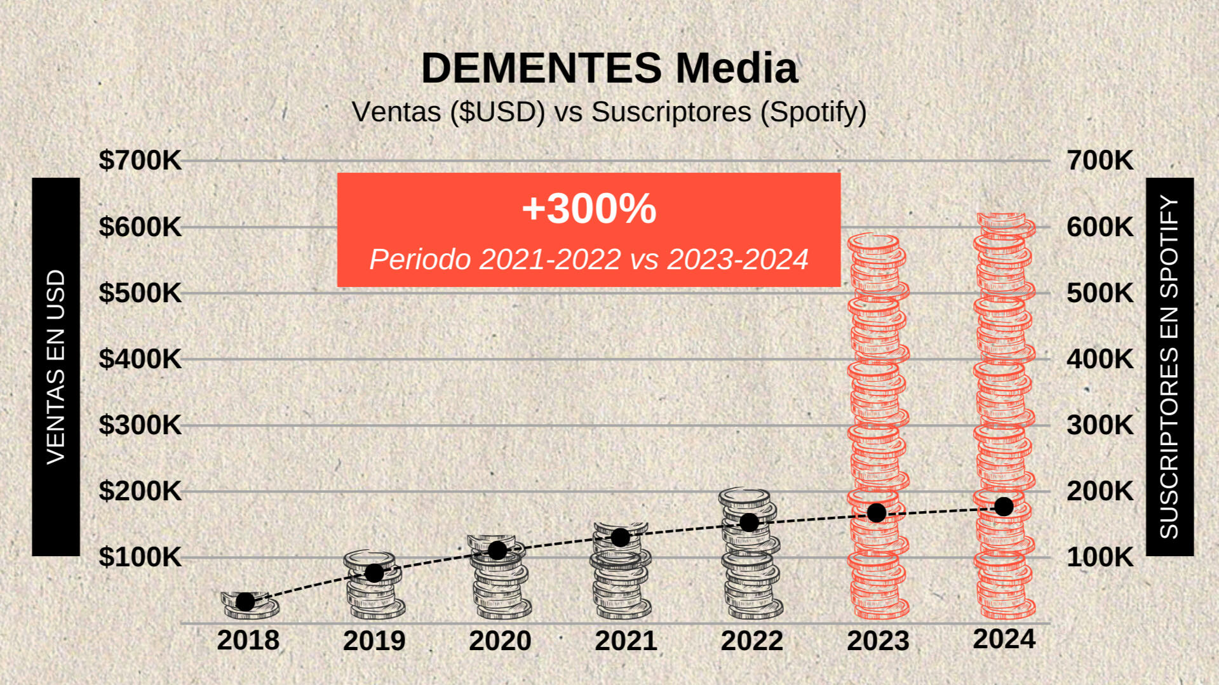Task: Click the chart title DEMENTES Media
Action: (609, 68)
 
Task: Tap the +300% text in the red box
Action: (589, 208)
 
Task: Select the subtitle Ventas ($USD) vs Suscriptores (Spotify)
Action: (609, 112)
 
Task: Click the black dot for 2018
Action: (245, 601)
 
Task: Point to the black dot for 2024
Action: (1004, 507)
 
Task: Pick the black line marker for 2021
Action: (621, 537)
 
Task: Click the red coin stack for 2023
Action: (878, 425)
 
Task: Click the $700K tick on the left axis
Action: (140, 161)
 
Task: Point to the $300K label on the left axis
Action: (140, 425)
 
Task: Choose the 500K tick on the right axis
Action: (1100, 293)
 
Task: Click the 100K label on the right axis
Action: (1100, 557)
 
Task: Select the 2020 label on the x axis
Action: (500, 641)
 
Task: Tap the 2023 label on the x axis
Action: (878, 641)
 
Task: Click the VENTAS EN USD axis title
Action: (56, 366)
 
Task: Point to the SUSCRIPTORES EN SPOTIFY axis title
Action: (1169, 366)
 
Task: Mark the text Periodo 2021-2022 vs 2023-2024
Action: (589, 259)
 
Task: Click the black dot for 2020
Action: (497, 550)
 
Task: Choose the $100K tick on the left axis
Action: (140, 557)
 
